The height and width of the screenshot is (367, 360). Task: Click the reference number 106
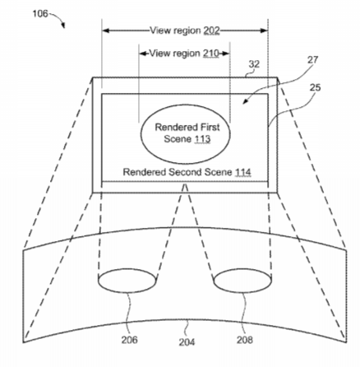40,13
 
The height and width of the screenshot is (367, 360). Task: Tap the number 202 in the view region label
211,30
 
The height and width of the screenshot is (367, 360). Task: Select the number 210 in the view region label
211,53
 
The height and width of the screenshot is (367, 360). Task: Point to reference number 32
254,64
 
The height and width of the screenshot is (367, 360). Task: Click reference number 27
312,60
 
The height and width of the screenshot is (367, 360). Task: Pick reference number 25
315,87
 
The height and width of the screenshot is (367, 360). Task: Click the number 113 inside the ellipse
202,139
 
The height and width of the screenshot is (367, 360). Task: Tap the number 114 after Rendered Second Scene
243,172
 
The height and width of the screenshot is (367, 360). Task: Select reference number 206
129,340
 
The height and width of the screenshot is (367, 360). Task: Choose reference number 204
187,342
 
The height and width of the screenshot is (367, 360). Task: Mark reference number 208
245,340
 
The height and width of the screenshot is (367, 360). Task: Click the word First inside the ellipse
210,128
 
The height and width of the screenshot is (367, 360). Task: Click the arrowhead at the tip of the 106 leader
63,26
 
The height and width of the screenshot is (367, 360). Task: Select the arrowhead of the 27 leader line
245,102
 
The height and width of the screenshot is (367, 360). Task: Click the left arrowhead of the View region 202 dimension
106,30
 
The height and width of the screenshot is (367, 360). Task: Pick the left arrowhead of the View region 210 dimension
143,53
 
